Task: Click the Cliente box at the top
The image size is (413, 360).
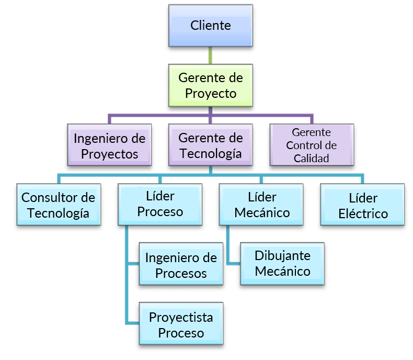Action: click(211, 25)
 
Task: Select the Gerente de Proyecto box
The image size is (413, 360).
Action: click(211, 85)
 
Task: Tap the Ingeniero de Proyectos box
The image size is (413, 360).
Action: click(109, 146)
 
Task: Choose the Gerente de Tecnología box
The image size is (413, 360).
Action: click(211, 145)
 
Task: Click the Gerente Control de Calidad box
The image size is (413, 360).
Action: click(311, 145)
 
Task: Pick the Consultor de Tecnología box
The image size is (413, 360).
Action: click(58, 205)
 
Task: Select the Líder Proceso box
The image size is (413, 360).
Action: click(160, 204)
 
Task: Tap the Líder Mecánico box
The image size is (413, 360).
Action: click(262, 204)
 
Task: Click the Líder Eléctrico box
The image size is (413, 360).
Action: click(363, 205)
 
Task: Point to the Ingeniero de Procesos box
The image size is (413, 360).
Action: click(181, 265)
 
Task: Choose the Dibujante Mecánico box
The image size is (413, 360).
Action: click(282, 263)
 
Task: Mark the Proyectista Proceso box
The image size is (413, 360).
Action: click(181, 325)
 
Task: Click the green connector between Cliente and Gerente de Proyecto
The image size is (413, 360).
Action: click(211, 55)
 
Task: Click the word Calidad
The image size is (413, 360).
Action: click(311, 158)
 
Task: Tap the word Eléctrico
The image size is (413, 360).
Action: click(363, 213)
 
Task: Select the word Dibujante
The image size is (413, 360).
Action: click(282, 256)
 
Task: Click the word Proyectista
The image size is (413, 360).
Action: click(181, 317)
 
